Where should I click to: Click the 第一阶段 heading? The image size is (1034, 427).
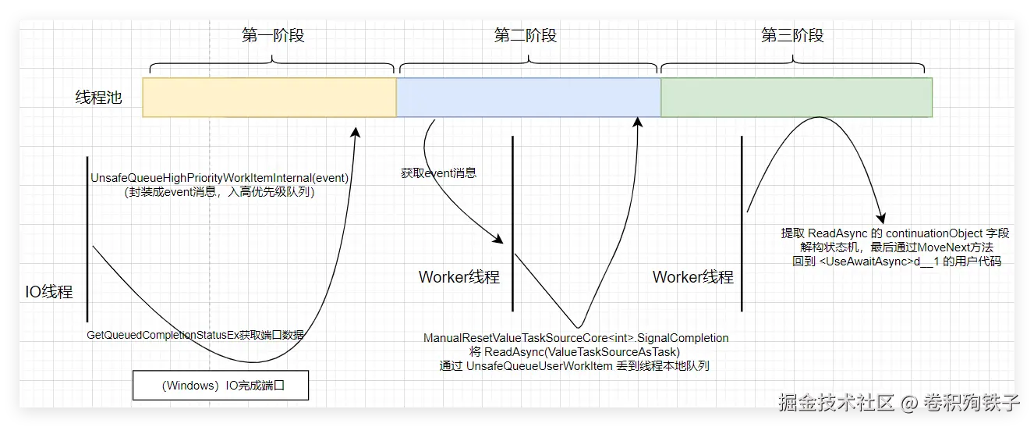[273, 35]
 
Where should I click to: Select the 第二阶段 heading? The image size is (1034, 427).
[526, 35]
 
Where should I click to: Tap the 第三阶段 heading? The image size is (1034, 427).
[792, 35]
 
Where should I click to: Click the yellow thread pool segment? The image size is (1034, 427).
[269, 97]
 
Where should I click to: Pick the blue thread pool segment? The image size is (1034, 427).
[529, 97]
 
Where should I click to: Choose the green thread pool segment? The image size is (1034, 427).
[796, 97]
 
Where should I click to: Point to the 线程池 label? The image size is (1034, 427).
[98, 98]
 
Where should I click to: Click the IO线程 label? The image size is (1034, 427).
[49, 292]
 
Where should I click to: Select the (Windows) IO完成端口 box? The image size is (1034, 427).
[221, 385]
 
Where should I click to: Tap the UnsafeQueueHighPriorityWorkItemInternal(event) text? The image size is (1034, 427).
[219, 178]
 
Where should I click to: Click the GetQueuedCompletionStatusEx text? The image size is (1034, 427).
[162, 335]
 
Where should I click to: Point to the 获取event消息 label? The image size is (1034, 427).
[438, 173]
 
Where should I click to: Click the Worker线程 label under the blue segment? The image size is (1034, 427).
[459, 277]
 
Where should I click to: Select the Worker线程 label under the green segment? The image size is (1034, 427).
[693, 277]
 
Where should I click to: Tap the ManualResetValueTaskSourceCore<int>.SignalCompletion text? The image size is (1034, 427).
[575, 338]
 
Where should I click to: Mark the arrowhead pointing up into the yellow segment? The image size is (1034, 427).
[356, 132]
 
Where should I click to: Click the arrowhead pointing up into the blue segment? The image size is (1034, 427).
[638, 122]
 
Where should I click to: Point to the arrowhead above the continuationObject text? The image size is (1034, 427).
[881, 219]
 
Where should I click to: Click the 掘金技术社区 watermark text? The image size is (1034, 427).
[836, 403]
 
